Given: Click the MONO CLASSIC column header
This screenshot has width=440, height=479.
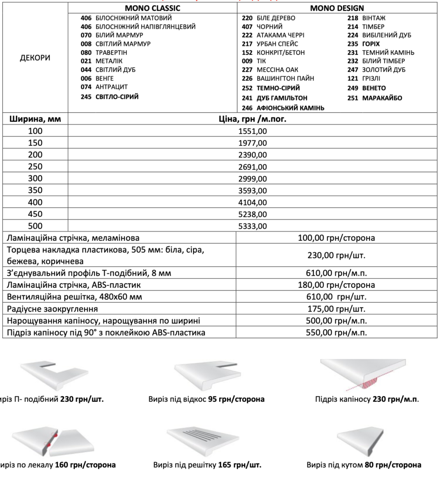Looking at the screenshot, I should click(x=152, y=8).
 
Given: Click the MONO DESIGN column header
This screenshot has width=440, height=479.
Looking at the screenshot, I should click(x=337, y=8).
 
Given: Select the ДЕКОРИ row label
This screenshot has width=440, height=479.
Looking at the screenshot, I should click(x=35, y=58).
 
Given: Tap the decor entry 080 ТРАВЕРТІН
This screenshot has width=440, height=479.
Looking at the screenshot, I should click(x=104, y=52).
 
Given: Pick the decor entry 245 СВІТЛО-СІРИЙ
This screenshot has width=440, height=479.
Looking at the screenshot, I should click(x=109, y=97).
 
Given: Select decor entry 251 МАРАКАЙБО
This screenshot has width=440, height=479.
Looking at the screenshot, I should click(x=375, y=98).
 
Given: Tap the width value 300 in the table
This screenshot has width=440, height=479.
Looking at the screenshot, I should click(x=35, y=178).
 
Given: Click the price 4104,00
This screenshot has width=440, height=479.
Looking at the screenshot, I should click(x=252, y=203).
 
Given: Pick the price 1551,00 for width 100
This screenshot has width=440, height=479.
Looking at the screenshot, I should click(x=252, y=131).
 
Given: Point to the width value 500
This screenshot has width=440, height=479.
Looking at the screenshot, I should click(x=35, y=226).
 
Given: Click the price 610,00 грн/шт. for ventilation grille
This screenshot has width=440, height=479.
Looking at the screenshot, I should click(x=336, y=297).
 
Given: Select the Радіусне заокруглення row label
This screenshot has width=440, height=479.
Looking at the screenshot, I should click(x=52, y=309).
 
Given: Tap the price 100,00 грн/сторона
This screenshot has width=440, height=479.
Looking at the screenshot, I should click(x=336, y=238).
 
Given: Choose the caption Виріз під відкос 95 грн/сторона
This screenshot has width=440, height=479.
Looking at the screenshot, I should click(x=206, y=399).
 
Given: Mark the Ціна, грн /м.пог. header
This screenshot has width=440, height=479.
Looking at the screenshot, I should click(x=252, y=119).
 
